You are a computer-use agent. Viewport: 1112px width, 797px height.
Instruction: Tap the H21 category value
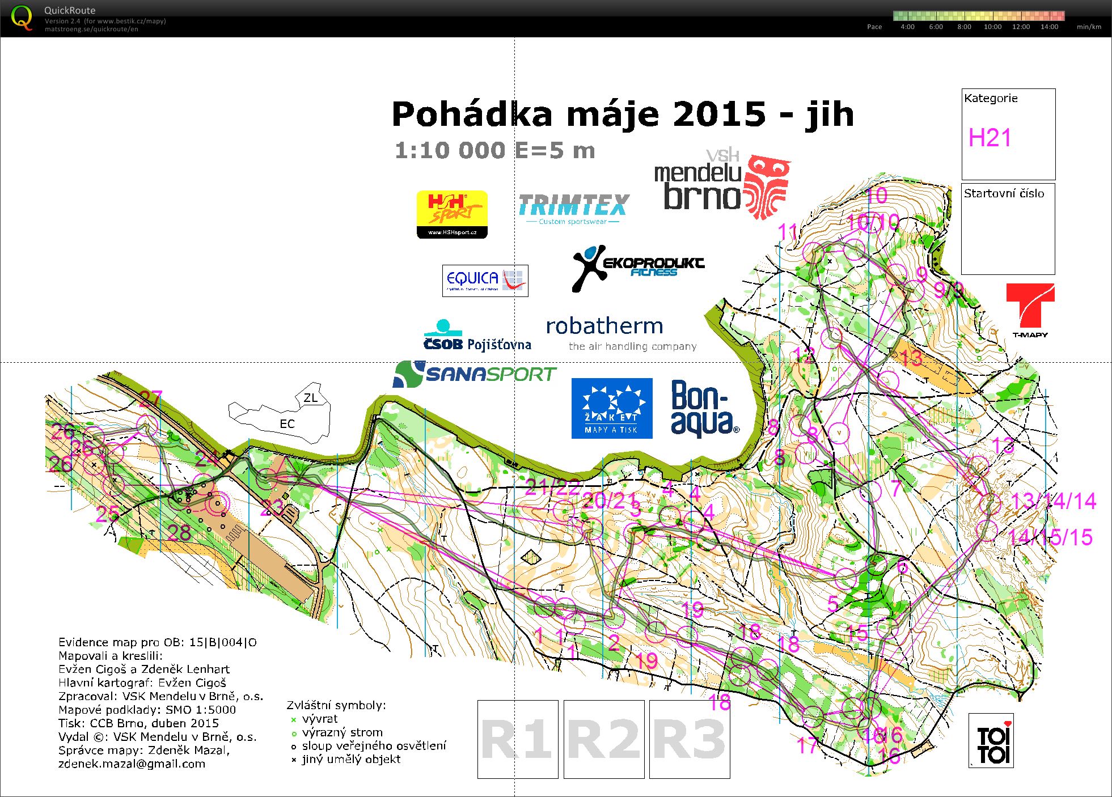990,138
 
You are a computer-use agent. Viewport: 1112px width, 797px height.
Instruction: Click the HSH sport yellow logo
452,214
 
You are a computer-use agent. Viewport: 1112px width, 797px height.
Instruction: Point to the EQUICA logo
485,280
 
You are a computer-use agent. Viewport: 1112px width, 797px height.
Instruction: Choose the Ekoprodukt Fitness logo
638,268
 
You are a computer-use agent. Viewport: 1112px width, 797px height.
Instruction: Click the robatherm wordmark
604,326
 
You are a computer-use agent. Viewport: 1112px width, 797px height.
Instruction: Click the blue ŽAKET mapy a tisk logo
612,408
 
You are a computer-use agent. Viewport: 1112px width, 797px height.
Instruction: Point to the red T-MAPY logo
1030,310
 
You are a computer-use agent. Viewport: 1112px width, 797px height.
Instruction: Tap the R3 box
689,739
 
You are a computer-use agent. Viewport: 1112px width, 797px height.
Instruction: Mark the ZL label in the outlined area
311,398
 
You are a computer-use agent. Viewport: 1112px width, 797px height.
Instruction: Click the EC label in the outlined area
287,424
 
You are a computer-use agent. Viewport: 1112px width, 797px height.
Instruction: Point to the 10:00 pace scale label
992,27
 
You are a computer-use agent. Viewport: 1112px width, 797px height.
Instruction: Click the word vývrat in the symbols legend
320,719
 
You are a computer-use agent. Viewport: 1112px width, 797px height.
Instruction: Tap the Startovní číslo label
1004,193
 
